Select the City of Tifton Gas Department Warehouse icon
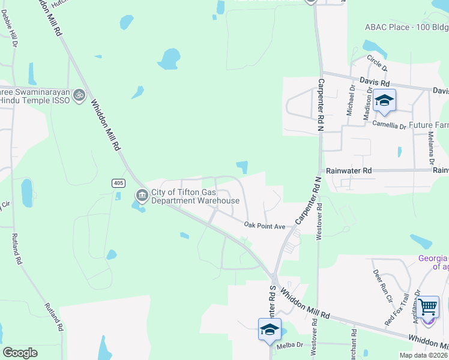tap(142, 195)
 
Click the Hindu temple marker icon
tap(79, 95)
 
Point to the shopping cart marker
tap(427, 308)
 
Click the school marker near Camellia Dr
tap(383, 101)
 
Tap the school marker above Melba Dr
tap(270, 330)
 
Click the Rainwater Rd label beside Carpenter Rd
tap(348, 170)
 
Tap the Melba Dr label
tap(291, 346)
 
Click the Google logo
tap(20, 353)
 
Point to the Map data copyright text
tap(423, 355)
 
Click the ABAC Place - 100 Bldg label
tap(406, 27)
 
